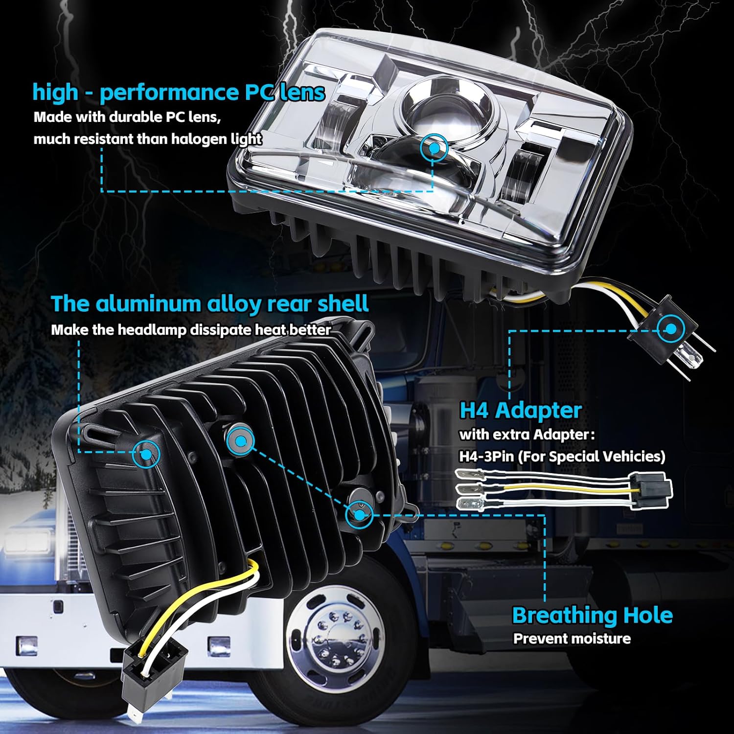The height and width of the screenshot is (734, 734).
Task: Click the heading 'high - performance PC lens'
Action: [179, 92]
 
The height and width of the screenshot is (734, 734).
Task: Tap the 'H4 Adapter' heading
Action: [520, 410]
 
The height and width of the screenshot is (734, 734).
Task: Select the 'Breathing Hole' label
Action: [592, 615]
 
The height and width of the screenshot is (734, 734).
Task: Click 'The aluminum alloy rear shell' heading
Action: [209, 304]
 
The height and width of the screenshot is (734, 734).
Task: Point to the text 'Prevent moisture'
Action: [572, 639]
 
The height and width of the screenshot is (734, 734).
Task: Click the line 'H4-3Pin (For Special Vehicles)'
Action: [562, 456]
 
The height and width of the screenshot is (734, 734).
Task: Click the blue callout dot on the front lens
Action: [434, 147]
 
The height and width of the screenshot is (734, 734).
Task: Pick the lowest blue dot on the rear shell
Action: [359, 515]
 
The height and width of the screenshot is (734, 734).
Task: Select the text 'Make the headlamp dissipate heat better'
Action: [191, 330]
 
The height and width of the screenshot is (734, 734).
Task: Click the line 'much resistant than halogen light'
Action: [147, 139]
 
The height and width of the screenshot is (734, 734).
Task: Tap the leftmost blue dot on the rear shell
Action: [146, 454]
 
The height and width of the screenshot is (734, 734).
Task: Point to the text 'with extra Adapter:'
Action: [527, 434]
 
